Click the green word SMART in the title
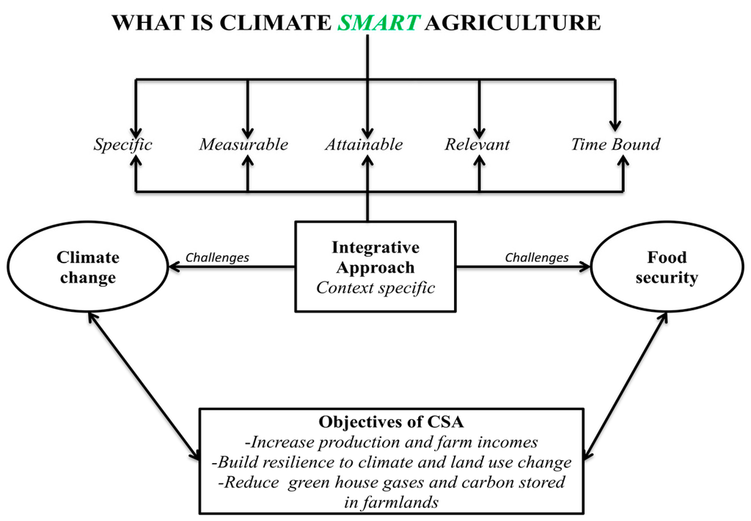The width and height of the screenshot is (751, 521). click(x=378, y=23)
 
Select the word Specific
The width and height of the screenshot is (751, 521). click(x=122, y=145)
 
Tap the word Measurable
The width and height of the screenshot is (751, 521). click(x=243, y=145)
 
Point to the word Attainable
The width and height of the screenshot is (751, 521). click(x=364, y=145)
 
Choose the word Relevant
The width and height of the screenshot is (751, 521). click(x=477, y=145)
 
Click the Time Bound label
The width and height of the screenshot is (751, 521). click(x=615, y=145)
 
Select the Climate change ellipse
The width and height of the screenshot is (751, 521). click(x=87, y=268)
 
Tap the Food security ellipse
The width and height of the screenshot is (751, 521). click(x=667, y=268)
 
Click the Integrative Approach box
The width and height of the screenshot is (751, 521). click(x=375, y=258)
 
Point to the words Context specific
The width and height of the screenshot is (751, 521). click(x=375, y=288)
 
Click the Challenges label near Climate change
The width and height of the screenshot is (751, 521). click(x=217, y=258)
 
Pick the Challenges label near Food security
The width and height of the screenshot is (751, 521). click(x=537, y=258)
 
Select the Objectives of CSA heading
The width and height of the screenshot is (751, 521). click(x=392, y=423)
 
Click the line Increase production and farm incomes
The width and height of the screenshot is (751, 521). click(x=392, y=442)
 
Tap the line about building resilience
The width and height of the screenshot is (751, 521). click(x=392, y=463)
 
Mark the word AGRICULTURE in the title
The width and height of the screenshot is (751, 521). click(x=513, y=23)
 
